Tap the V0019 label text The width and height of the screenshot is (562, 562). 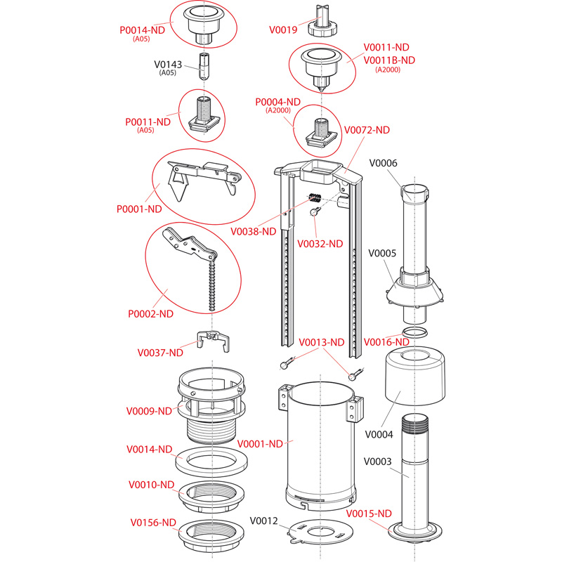coord(285,30)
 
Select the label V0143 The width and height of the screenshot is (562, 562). coord(168,65)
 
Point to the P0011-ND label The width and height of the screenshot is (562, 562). coord(148,122)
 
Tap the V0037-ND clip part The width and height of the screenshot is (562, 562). coord(213,339)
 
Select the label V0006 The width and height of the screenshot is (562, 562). coord(383,163)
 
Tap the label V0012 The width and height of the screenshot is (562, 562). coord(264,521)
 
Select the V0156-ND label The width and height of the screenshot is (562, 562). coord(153,522)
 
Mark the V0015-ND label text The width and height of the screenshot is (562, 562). coord(370,513)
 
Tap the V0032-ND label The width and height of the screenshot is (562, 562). coord(320,244)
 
